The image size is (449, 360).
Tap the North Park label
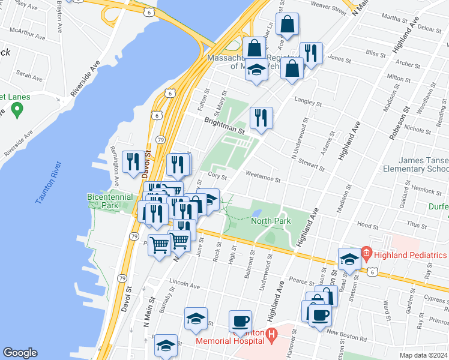[271, 221]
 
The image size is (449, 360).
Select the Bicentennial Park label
[110, 200]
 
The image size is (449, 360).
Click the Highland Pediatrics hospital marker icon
[366, 254]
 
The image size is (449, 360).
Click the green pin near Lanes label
[17, 110]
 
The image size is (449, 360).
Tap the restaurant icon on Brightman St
[261, 117]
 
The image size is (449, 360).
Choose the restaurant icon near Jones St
[310, 52]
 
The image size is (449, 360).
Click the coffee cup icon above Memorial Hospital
[240, 321]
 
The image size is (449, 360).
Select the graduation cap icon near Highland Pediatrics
[349, 259]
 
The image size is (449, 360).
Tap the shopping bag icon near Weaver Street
[288, 25]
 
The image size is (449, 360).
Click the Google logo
[20, 353]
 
